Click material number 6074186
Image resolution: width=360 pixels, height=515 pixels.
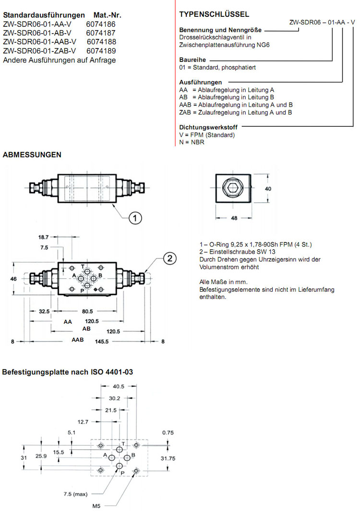[x=101, y=24]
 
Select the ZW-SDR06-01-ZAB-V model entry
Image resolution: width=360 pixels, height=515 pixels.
[x=40, y=51]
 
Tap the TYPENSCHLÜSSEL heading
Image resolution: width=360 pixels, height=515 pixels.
[x=207, y=14]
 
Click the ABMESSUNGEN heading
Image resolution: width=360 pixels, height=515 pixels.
[x=32, y=155]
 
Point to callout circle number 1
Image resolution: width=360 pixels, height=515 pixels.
[x=136, y=218]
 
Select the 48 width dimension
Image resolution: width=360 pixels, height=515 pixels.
[x=235, y=218]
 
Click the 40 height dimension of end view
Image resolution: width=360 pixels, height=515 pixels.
[x=268, y=189]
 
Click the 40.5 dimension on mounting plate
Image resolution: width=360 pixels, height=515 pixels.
[x=119, y=386]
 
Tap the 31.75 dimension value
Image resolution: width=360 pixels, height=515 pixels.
[x=168, y=458]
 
